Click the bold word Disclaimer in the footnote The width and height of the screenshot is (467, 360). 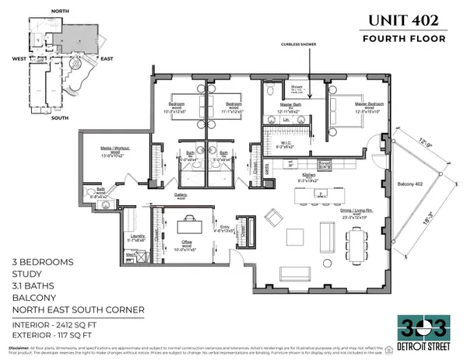(x=18, y=348)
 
